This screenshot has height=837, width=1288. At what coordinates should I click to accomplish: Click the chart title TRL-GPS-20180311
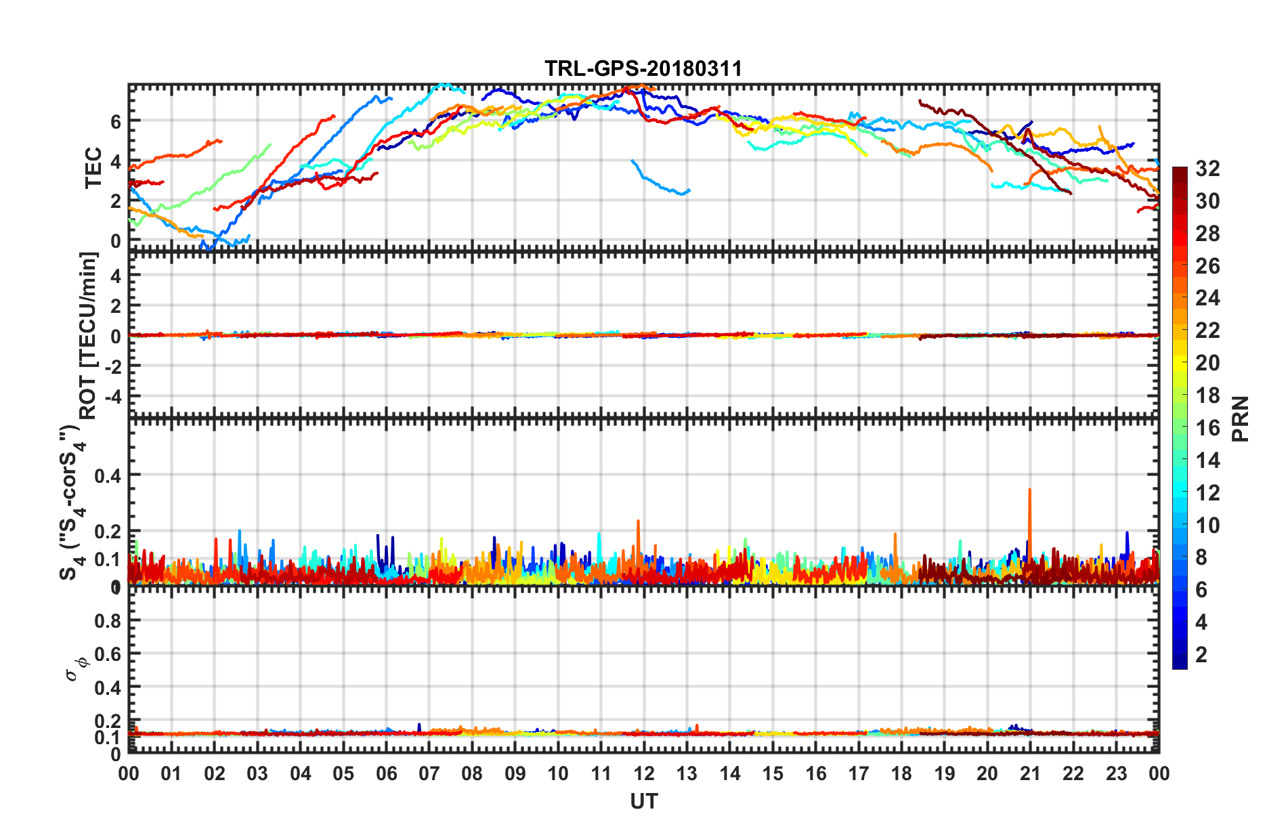[x=643, y=68]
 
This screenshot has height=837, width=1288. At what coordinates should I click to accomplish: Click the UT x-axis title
[x=643, y=801]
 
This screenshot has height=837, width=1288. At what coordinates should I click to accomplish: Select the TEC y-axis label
[x=93, y=167]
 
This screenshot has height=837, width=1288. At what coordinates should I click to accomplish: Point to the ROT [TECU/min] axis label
[x=89, y=335]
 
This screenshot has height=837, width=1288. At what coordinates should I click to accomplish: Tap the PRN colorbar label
[x=1240, y=418]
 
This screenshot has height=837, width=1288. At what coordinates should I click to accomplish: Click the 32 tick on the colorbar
[x=1207, y=169]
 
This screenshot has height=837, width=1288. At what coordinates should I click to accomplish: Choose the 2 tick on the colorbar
[x=1201, y=654]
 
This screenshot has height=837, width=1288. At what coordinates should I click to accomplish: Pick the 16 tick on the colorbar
[x=1207, y=427]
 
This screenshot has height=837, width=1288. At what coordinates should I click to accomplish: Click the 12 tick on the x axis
[x=644, y=773]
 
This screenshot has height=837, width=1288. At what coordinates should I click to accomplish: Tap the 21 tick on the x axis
[x=1030, y=773]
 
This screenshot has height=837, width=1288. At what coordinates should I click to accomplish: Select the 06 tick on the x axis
[x=386, y=773]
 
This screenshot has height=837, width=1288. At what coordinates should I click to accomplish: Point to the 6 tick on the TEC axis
[x=116, y=122]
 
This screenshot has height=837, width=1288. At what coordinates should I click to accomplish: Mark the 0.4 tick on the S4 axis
[x=108, y=475]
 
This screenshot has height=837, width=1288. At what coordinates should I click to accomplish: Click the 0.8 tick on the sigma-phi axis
[x=108, y=620]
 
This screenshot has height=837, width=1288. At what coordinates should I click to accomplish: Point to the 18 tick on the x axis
[x=901, y=773]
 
